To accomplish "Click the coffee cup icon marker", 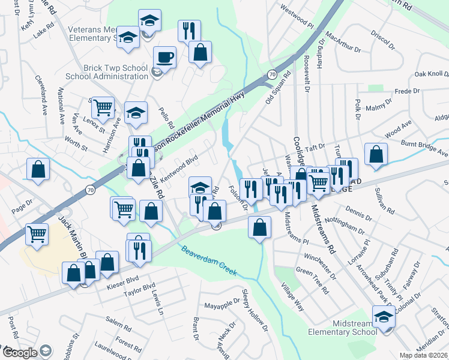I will click(164, 58).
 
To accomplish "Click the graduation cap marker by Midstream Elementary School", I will click(383, 316).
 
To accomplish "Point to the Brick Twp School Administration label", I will click(107, 73).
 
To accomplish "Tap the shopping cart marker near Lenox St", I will click(103, 108).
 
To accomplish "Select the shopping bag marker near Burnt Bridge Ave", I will click(376, 154).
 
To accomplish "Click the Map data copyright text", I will click(423, 355).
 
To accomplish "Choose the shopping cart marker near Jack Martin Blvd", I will click(37, 233).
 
